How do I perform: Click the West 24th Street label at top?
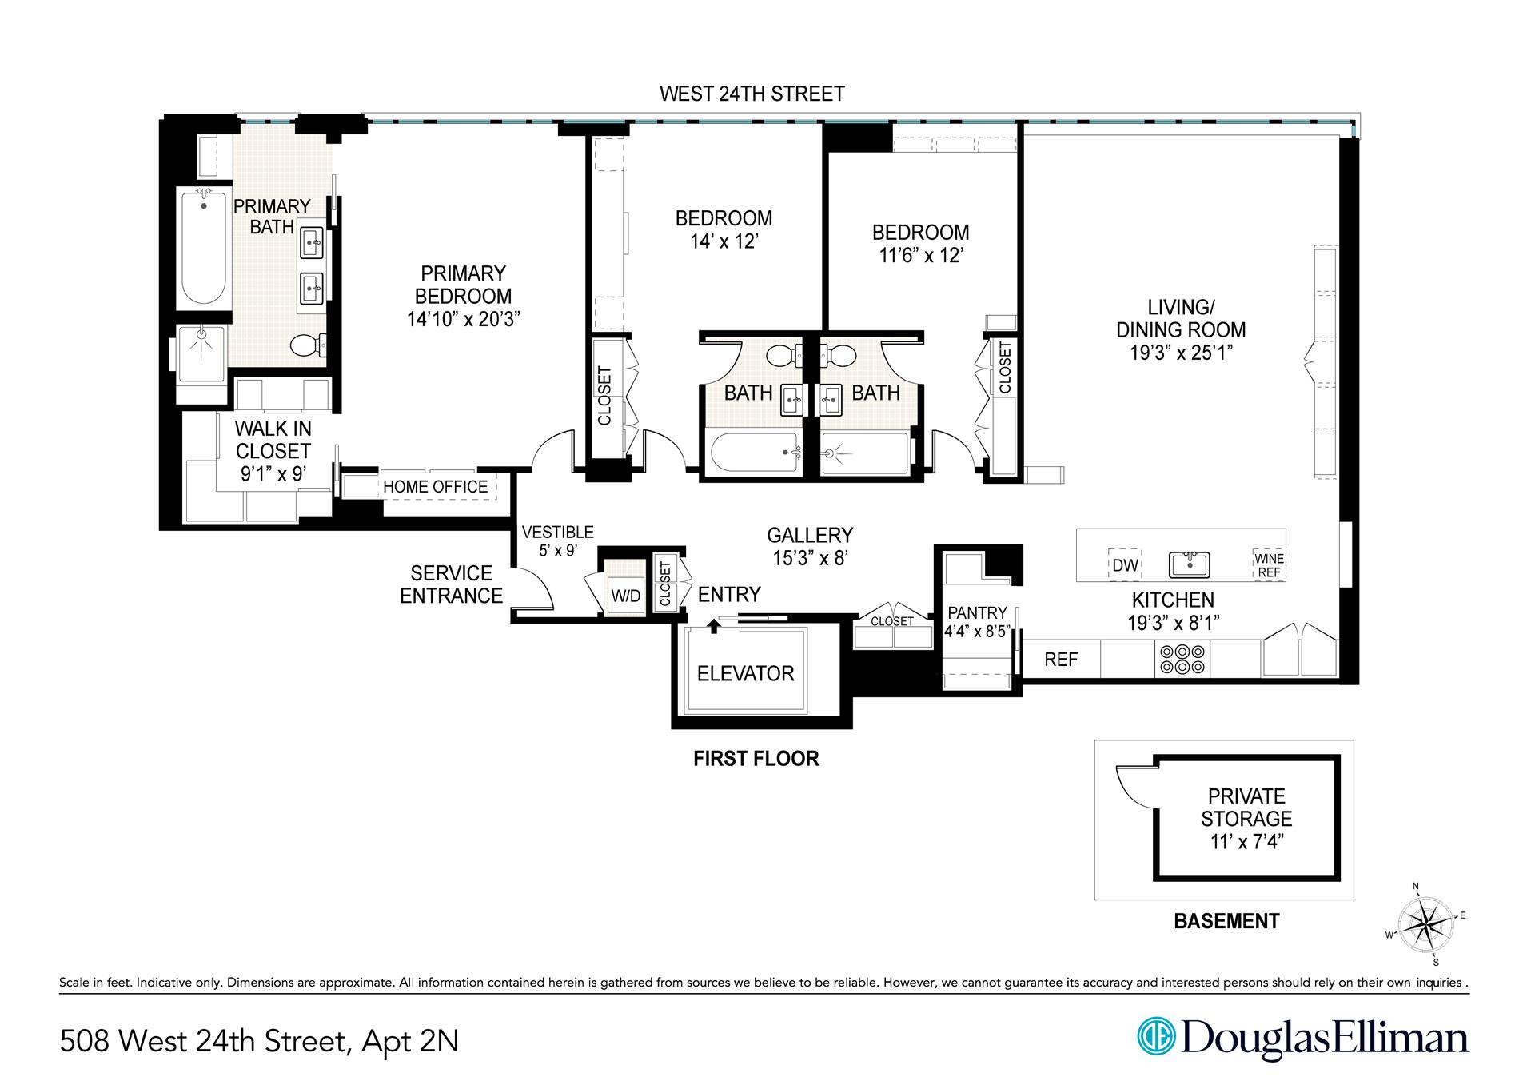[752, 94]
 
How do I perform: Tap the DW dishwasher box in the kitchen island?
[1125, 564]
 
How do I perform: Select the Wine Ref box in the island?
[1269, 564]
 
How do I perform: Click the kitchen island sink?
[1189, 564]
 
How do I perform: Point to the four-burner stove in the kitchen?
[1183, 660]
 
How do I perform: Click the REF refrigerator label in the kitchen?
[1061, 660]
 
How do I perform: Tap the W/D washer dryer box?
[625, 596]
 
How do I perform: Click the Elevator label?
[745, 673]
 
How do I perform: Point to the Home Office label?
[435, 487]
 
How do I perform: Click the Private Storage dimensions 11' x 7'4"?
[1246, 841]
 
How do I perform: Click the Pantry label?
[977, 613]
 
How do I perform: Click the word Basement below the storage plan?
[1226, 921]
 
